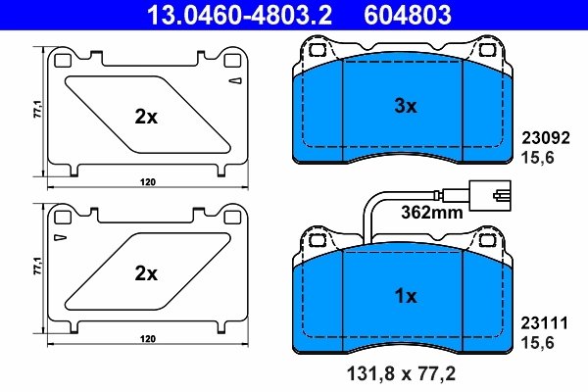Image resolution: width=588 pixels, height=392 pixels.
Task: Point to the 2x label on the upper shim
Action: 145,117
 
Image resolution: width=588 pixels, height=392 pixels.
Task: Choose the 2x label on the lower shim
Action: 145,273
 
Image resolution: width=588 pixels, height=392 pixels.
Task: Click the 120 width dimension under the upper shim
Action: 147,183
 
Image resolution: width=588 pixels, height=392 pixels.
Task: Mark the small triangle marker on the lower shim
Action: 61,237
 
